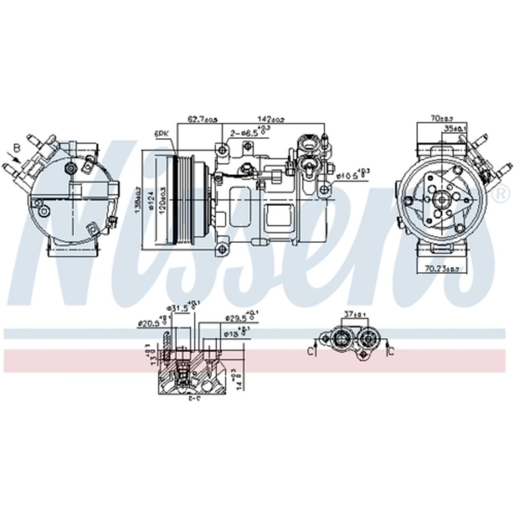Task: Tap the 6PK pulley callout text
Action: point(161,133)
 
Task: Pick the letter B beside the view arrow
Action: point(16,148)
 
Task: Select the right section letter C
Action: point(391,352)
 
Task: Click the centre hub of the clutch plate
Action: point(442,198)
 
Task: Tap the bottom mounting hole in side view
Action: point(222,249)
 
